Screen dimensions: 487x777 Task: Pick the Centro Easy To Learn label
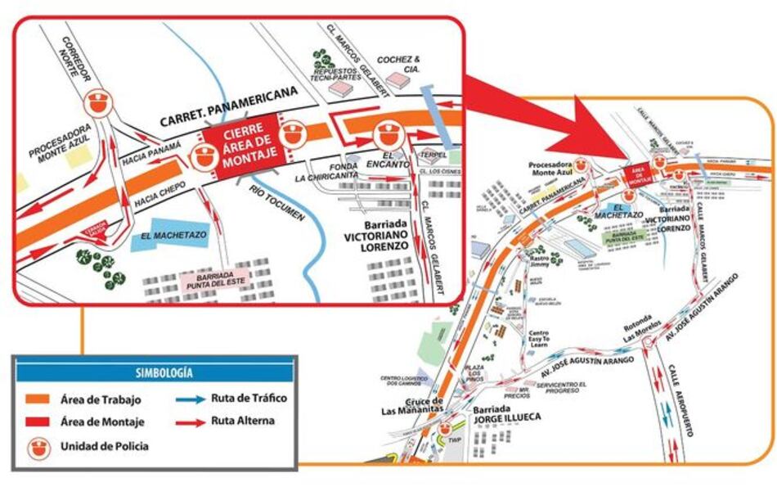click(537, 339)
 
